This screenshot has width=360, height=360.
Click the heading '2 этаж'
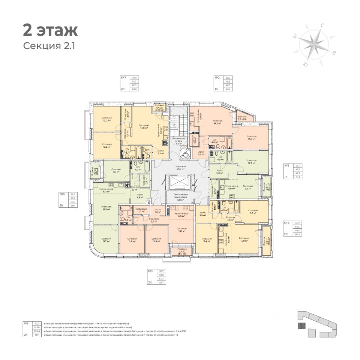coord(50,30)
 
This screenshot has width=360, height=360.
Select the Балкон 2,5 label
coord(242,118)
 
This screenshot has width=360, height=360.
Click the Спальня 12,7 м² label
coord(251,162)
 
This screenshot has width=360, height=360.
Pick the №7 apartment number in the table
coord(123,78)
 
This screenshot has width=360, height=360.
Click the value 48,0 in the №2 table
coord(228,89)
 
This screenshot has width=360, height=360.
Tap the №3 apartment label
coord(287,165)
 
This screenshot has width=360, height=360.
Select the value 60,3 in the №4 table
coord(298,235)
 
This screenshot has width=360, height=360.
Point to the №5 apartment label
coord(150,271)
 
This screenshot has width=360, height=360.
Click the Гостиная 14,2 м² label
coord(217,122)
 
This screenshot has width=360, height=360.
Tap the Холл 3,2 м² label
coord(201,153)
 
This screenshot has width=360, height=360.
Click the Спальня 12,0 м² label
coord(107,120)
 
